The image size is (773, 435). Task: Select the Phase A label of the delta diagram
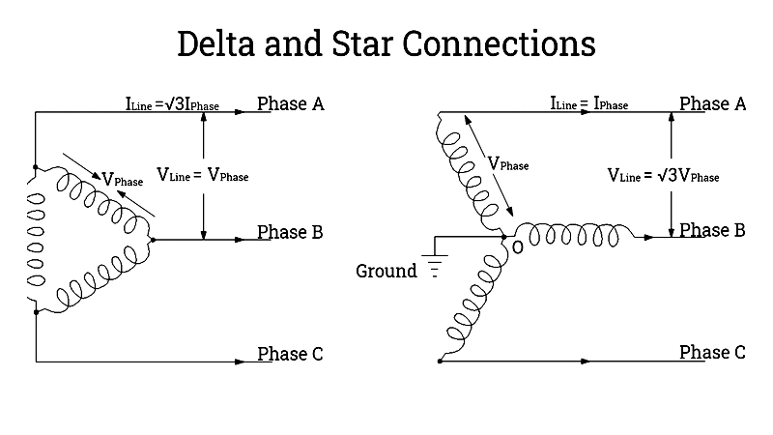tap(290, 103)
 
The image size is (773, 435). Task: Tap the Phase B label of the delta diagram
tap(290, 232)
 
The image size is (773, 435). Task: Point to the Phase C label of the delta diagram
tap(290, 354)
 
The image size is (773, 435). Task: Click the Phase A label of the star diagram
tap(712, 103)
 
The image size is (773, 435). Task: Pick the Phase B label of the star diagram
tap(712, 230)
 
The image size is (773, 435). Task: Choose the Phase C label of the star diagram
tap(712, 353)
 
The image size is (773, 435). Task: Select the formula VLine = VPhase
tap(203, 176)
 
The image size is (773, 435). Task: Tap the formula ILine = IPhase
tap(588, 103)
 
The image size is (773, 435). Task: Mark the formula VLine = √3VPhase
tap(663, 176)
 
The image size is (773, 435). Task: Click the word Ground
tap(386, 271)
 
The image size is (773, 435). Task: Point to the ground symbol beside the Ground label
tap(434, 266)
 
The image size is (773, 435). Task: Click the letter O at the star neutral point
tap(518, 248)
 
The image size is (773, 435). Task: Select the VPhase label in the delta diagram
tap(123, 180)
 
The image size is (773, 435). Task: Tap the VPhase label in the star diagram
tap(508, 164)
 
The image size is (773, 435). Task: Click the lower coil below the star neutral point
tap(473, 300)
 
